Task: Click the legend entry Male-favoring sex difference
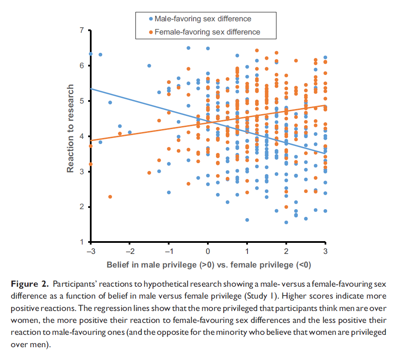point(202,19)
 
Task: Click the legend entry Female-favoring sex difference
point(207,32)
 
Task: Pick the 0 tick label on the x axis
point(208,251)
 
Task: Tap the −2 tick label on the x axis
point(129,251)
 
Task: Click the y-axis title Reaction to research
point(71,129)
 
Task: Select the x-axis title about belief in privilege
point(209,265)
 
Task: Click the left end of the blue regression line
point(91,89)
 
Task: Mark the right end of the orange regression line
point(326,105)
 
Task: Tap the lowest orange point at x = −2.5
point(110,197)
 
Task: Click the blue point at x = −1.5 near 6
point(149,66)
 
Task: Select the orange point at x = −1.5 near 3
point(149,173)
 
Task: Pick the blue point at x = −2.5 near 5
point(110,103)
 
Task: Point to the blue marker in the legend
point(150,19)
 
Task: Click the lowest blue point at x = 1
point(247,220)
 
